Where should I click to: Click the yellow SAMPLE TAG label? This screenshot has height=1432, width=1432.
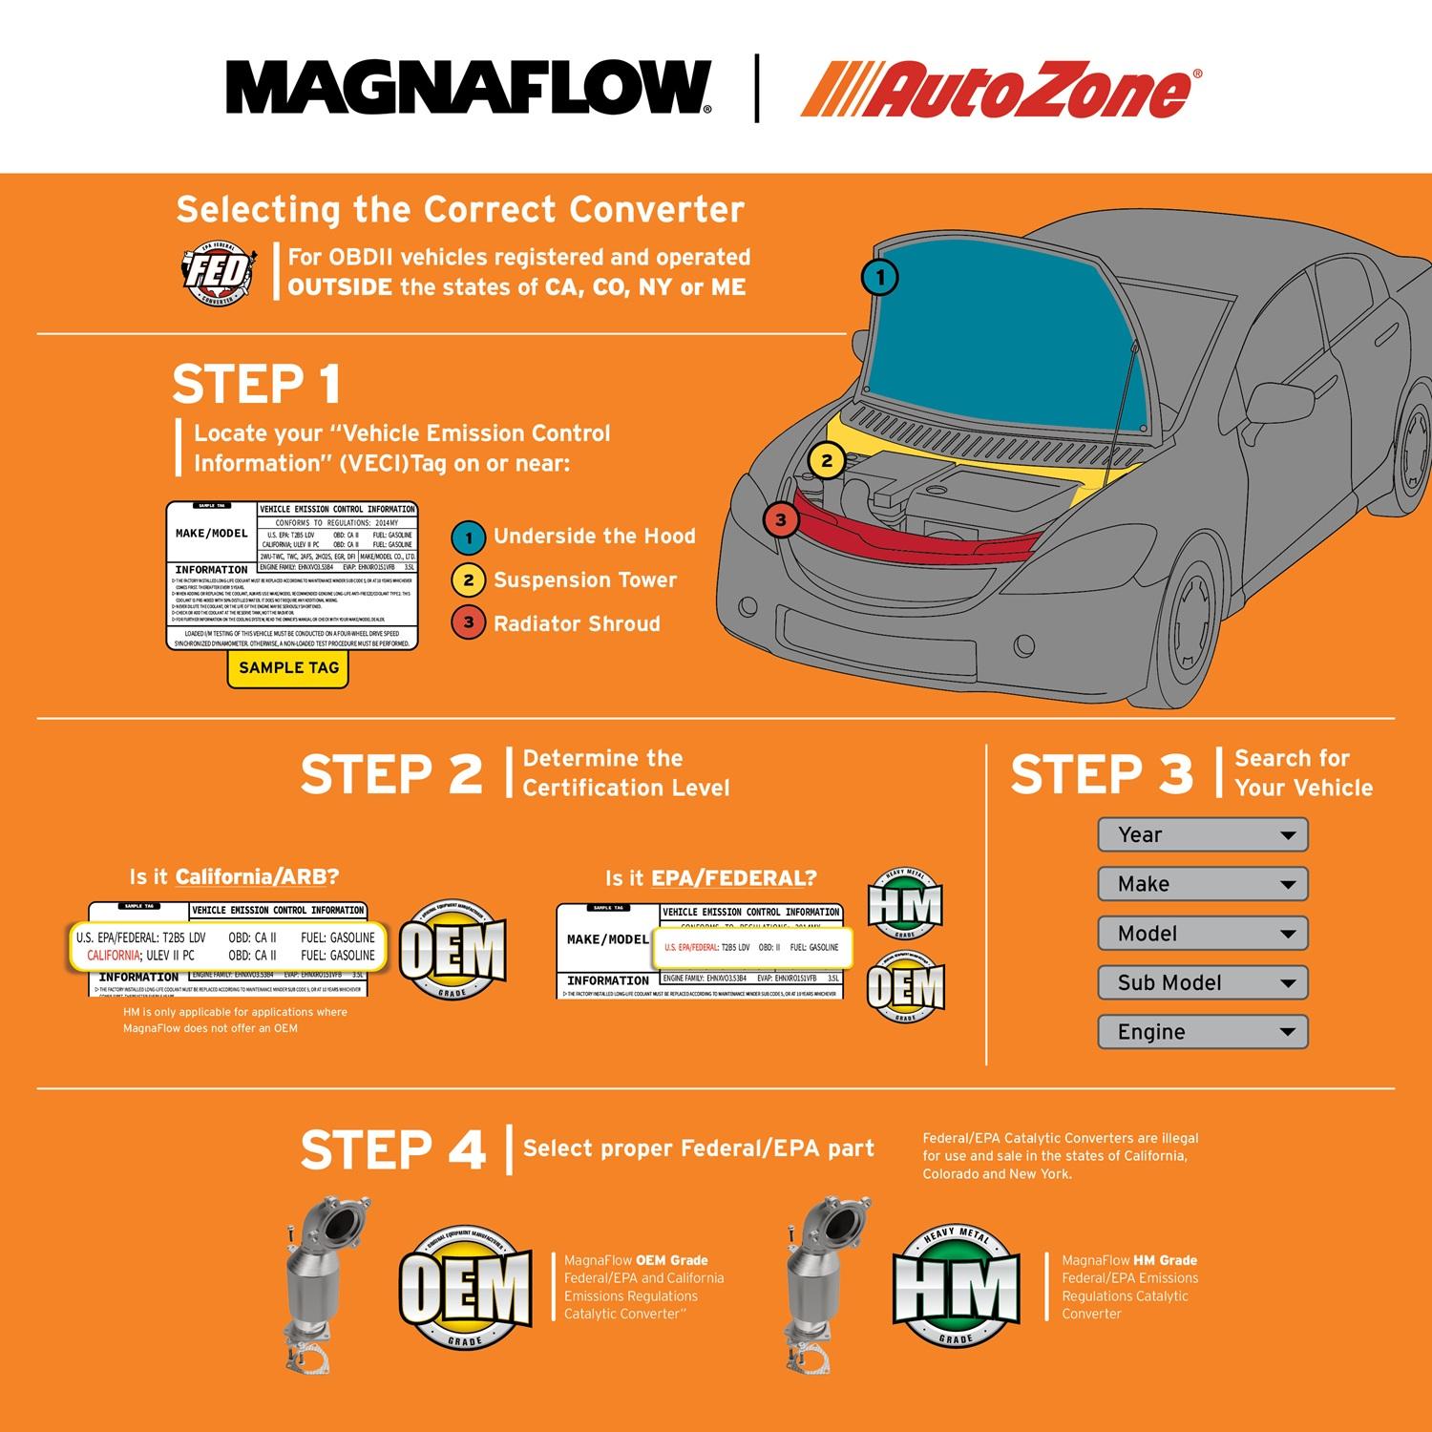pos(288,668)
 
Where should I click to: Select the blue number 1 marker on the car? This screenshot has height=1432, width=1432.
pos(880,278)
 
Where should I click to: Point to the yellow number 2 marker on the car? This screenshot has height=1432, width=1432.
pos(827,461)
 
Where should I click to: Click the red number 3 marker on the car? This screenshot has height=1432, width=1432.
pos(781,520)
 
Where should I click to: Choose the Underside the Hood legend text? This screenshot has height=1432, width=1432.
pos(594,537)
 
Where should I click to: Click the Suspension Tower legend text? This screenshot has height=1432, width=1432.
pos(584,580)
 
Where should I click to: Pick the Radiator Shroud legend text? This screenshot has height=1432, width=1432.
pos(577,624)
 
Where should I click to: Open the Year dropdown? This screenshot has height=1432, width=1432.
pos(1202,835)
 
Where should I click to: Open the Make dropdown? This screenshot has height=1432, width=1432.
pos(1202,885)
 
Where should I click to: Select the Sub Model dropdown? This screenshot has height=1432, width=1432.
pos(1202,983)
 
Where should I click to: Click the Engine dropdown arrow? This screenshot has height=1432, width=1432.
pos(1287,1033)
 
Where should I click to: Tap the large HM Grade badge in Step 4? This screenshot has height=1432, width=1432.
pos(956,1286)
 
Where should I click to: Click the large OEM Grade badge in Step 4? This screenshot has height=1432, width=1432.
pos(464,1286)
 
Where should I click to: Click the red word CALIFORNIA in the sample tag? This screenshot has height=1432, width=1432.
pos(113,956)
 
